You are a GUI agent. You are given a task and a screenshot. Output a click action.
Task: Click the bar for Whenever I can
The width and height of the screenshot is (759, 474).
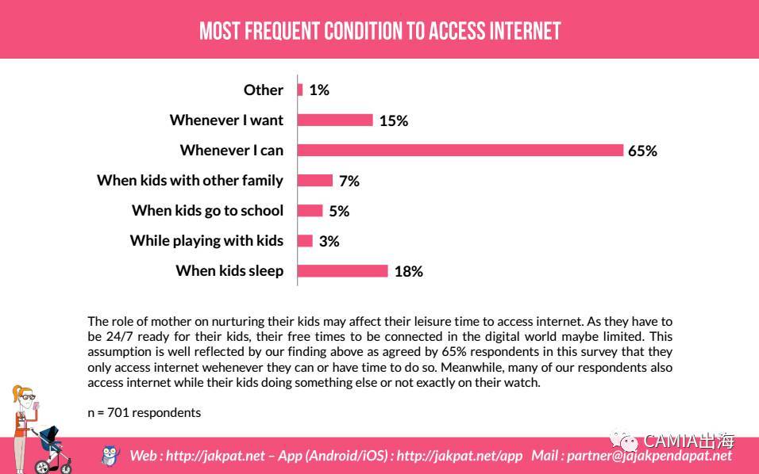[x=460, y=150]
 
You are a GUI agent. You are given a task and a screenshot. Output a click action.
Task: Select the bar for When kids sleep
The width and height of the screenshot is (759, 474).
[x=342, y=271]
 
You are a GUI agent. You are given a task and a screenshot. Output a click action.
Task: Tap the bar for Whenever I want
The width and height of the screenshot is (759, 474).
[x=334, y=120]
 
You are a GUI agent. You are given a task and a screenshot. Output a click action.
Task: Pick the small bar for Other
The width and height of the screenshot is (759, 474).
[x=300, y=90]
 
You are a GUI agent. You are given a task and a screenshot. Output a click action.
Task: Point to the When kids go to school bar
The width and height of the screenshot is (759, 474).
[x=310, y=210]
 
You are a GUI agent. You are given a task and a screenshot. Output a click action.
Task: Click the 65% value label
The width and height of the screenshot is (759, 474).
[x=642, y=151]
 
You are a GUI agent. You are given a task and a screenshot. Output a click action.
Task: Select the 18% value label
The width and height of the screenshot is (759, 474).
[x=408, y=271]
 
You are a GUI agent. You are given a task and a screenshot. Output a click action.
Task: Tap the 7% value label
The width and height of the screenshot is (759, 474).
[x=349, y=181]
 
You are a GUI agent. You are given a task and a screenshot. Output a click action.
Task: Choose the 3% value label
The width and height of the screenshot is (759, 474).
[x=329, y=241]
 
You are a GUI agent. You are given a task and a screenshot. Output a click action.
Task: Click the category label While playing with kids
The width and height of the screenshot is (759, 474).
[x=206, y=240]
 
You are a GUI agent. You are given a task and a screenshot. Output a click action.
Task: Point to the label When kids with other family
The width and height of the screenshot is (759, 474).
[x=190, y=180]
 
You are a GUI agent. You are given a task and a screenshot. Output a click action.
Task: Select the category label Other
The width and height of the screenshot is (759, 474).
[x=263, y=90]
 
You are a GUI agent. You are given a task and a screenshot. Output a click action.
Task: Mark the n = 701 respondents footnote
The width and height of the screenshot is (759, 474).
[x=144, y=412]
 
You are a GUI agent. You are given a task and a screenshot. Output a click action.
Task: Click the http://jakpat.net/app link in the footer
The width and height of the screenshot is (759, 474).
[x=459, y=455]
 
